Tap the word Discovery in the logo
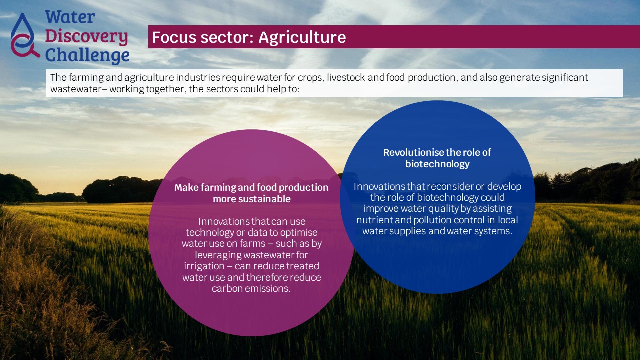86,37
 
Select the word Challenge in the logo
87,55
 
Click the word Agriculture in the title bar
302,37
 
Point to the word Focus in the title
174,37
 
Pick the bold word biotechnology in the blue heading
437,164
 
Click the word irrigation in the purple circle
204,266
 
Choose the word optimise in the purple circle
299,233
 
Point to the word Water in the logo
70,17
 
